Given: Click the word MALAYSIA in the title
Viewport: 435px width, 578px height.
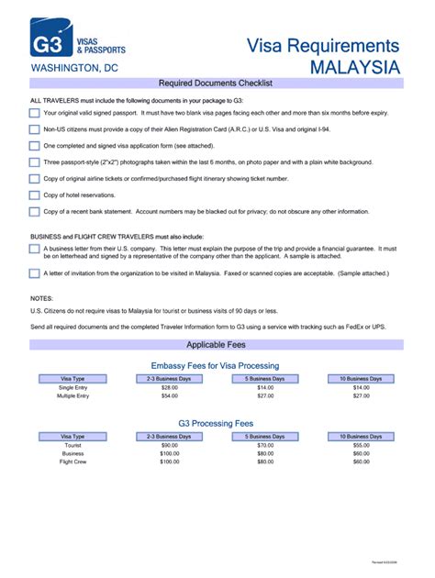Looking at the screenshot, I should coord(354,68).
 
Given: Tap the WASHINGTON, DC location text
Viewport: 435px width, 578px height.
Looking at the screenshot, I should coord(74,68).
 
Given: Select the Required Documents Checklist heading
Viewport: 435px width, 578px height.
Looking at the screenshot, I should coord(217,83).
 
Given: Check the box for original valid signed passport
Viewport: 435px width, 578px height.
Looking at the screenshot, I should coord(34,113).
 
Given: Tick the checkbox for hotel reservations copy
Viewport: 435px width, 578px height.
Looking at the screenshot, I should coord(34,195).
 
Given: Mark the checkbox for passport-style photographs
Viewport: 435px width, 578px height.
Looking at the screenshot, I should coord(34,162).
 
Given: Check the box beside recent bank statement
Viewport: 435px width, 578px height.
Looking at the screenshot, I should coord(34,212).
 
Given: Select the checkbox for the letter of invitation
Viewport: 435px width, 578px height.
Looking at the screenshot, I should coord(34,272).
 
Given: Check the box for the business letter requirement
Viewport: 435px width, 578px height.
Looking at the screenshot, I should coord(34,250).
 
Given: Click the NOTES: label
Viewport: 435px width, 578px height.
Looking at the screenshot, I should coord(42,299).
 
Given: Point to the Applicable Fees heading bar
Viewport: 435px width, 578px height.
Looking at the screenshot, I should coord(217,345).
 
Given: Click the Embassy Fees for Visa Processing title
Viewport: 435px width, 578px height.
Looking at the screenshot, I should coord(215,365).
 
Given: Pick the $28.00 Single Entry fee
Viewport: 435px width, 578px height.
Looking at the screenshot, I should coord(169,387).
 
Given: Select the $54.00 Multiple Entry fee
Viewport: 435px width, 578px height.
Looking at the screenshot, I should coord(169,395).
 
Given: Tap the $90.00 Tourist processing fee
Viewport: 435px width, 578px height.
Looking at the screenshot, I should coord(169,445).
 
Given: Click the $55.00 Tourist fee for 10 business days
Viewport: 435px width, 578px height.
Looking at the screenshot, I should coord(361,445).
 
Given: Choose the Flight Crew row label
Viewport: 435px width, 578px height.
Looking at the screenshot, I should coord(72,461).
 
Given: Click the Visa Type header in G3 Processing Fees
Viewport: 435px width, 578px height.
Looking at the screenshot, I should coord(72,436).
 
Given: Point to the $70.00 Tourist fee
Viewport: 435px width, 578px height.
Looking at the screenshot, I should coord(265,445).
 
